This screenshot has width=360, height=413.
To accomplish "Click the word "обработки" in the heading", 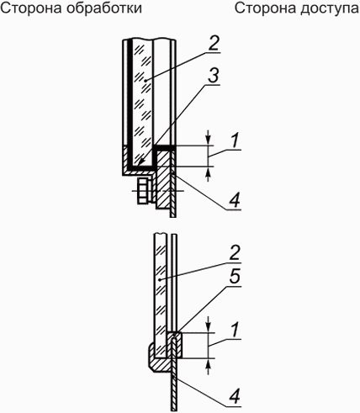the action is [x=104, y=8].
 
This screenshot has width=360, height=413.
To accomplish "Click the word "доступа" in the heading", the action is [x=330, y=9].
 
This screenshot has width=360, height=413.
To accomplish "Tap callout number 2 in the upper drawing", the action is [x=214, y=44].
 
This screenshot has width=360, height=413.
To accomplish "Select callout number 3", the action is [x=214, y=75].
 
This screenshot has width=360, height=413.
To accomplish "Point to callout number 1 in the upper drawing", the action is [x=235, y=140].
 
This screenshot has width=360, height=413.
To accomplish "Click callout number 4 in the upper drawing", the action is [x=235, y=200].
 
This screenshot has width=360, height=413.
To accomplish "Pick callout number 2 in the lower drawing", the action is [x=235, y=252].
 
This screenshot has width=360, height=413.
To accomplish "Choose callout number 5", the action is [x=235, y=276].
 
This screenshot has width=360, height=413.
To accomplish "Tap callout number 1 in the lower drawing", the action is [x=235, y=329].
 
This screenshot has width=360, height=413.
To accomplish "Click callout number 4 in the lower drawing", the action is [x=235, y=396].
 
